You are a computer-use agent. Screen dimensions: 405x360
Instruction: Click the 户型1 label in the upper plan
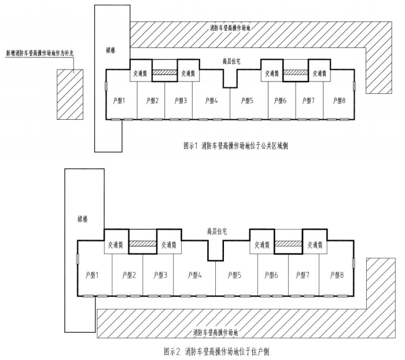(119, 101)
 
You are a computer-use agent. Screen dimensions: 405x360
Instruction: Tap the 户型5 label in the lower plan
(234, 275)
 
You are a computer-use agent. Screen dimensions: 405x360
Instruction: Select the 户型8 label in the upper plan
(339, 101)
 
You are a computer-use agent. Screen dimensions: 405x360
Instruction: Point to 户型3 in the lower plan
(160, 275)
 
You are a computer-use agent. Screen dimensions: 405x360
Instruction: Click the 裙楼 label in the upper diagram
(111, 50)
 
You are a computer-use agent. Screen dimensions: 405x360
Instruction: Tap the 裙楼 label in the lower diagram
(82, 219)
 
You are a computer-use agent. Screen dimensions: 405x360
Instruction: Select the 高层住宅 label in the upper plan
(231, 61)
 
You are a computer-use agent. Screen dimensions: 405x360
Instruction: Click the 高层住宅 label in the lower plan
(217, 232)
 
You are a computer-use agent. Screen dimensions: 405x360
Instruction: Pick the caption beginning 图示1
(235, 146)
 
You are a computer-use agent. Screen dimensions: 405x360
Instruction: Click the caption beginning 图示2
(216, 352)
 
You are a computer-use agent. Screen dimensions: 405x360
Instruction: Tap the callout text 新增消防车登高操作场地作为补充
(40, 53)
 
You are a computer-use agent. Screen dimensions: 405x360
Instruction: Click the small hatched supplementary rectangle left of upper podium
(70, 94)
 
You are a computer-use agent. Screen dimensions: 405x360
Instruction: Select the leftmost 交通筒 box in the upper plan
(140, 71)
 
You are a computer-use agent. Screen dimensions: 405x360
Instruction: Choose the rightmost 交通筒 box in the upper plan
(319, 71)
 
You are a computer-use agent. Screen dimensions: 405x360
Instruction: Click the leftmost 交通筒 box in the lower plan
(116, 241)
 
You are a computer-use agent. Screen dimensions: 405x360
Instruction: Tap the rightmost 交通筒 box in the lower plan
(315, 241)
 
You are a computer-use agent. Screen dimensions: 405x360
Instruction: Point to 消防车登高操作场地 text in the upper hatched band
(230, 28)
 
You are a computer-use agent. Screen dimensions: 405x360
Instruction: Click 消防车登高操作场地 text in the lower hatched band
(215, 333)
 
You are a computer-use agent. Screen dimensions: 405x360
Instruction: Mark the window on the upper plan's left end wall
(106, 86)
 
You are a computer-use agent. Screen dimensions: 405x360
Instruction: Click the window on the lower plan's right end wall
(354, 263)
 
